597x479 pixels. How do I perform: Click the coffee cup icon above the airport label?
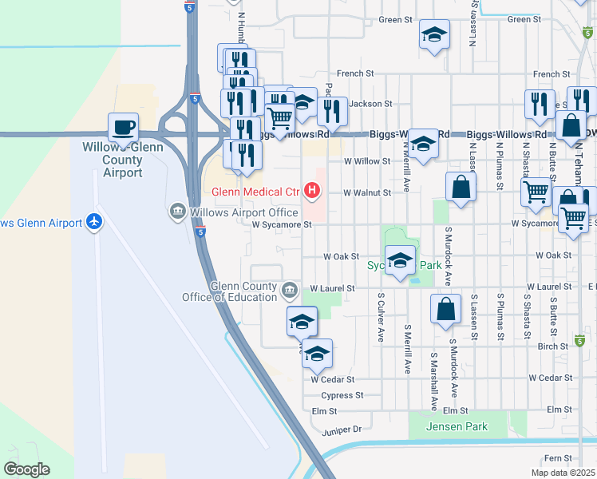click(x=124, y=127)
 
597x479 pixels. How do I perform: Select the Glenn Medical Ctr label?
click(x=255, y=192)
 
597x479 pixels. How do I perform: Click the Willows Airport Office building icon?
click(x=176, y=212)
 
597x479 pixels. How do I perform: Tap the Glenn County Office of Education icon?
click(x=289, y=287)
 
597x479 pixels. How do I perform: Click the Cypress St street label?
click(x=342, y=395)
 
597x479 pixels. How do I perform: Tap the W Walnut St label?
click(x=367, y=192)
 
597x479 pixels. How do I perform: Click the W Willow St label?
click(x=366, y=160)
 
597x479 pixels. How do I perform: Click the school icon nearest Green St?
click(x=434, y=35)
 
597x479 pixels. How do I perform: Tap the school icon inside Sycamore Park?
click(x=400, y=259)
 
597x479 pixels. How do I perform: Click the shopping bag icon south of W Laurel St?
click(x=445, y=309)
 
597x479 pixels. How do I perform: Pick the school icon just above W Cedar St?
click(x=317, y=354)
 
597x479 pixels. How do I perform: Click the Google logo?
click(x=26, y=469)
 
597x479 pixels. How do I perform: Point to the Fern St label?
click(x=552, y=458)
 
